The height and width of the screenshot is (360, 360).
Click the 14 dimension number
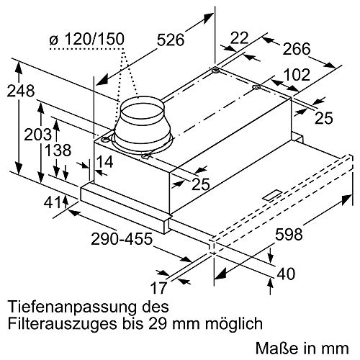104,163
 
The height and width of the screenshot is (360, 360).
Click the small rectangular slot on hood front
274,194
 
